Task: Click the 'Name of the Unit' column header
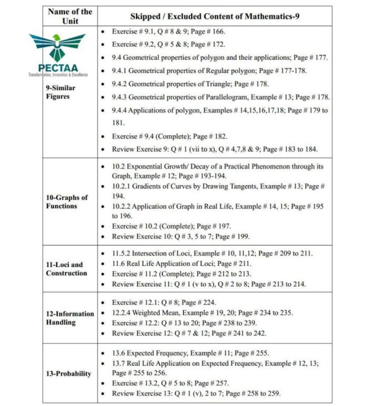[70, 16]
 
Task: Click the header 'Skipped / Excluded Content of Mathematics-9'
[215, 17]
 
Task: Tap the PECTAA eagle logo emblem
[58, 46]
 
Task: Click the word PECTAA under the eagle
[58, 68]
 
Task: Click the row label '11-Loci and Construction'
[66, 269]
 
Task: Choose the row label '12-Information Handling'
[70, 318]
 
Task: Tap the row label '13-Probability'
[68, 373]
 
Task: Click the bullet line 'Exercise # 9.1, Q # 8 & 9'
[169, 31]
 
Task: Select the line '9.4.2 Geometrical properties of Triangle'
[190, 84]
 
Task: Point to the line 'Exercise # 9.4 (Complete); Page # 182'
[169, 136]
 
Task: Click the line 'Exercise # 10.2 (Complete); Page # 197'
[171, 226]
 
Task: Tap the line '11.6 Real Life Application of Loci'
[181, 263]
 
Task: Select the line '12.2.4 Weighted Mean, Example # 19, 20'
[202, 313]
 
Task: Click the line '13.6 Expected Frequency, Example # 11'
[190, 353]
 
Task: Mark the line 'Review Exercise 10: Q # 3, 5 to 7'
[181, 237]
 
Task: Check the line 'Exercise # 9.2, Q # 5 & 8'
[169, 44]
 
